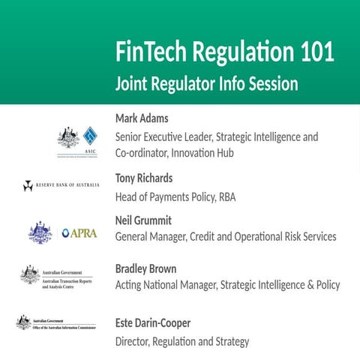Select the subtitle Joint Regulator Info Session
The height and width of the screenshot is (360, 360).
[206, 83]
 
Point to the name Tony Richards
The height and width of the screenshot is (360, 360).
[144, 178]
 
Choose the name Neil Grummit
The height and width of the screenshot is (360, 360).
[143, 220]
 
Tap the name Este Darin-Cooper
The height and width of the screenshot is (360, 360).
[153, 323]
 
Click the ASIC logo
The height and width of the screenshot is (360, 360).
[79, 140]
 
